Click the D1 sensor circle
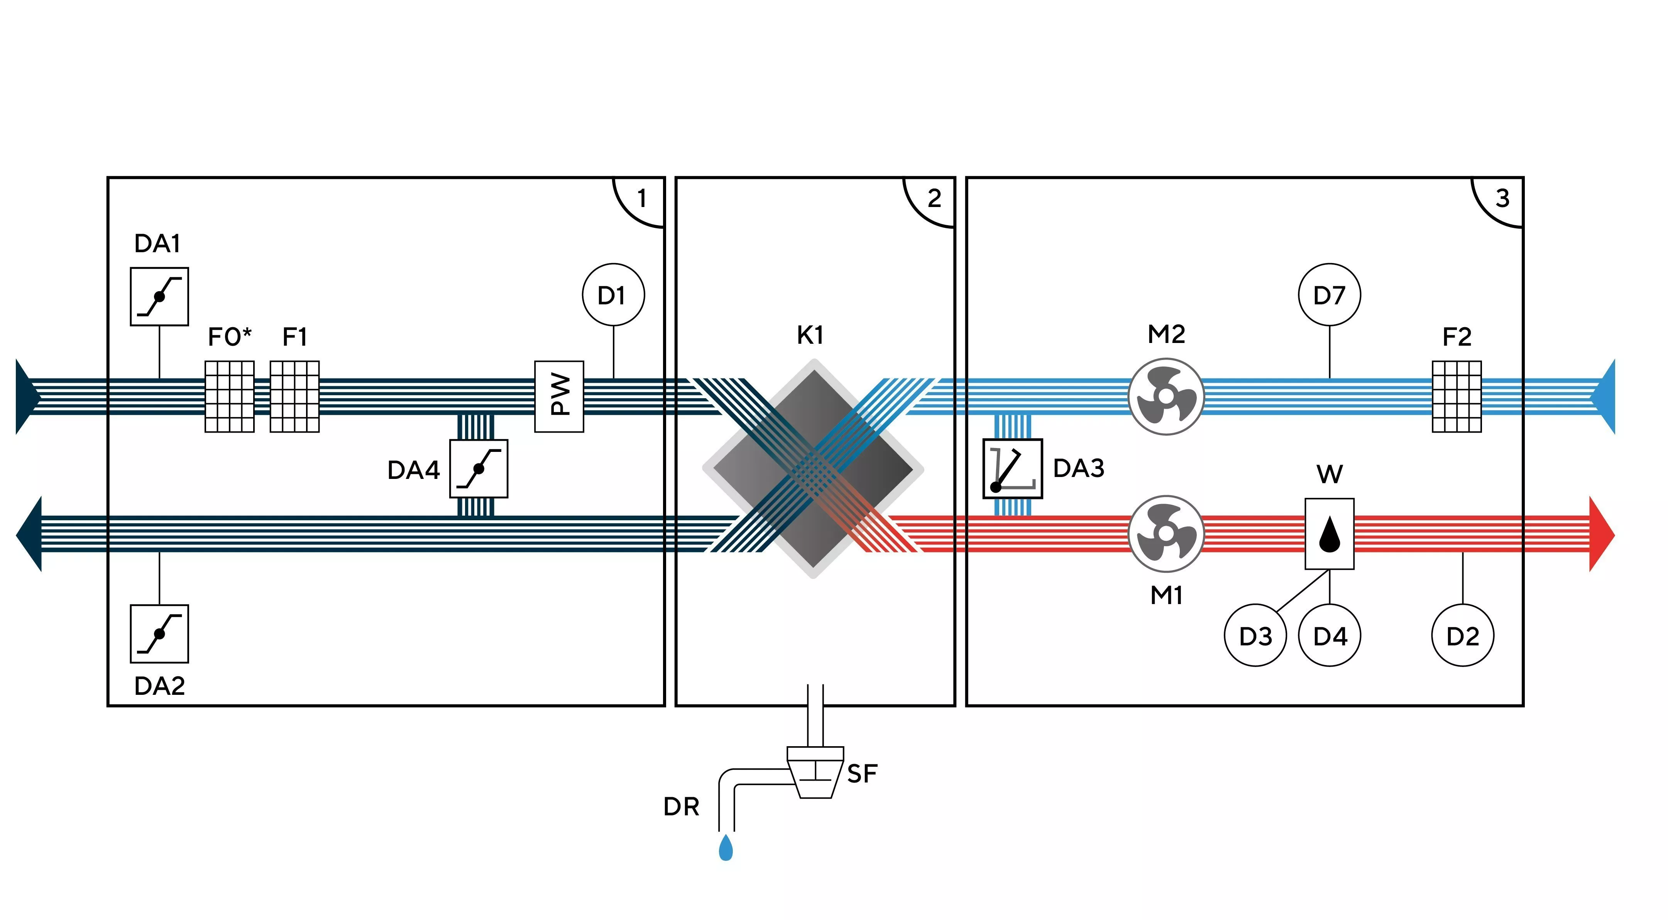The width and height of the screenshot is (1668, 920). pos(613,295)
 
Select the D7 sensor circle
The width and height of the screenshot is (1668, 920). pos(1330,295)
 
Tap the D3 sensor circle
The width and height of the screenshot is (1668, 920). pos(1255,636)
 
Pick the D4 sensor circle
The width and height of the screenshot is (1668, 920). pos(1330,636)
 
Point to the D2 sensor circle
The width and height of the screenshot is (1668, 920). pos(1463,636)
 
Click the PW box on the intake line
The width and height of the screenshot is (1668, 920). pos(559,397)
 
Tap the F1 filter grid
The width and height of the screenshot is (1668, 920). pos(294,397)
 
